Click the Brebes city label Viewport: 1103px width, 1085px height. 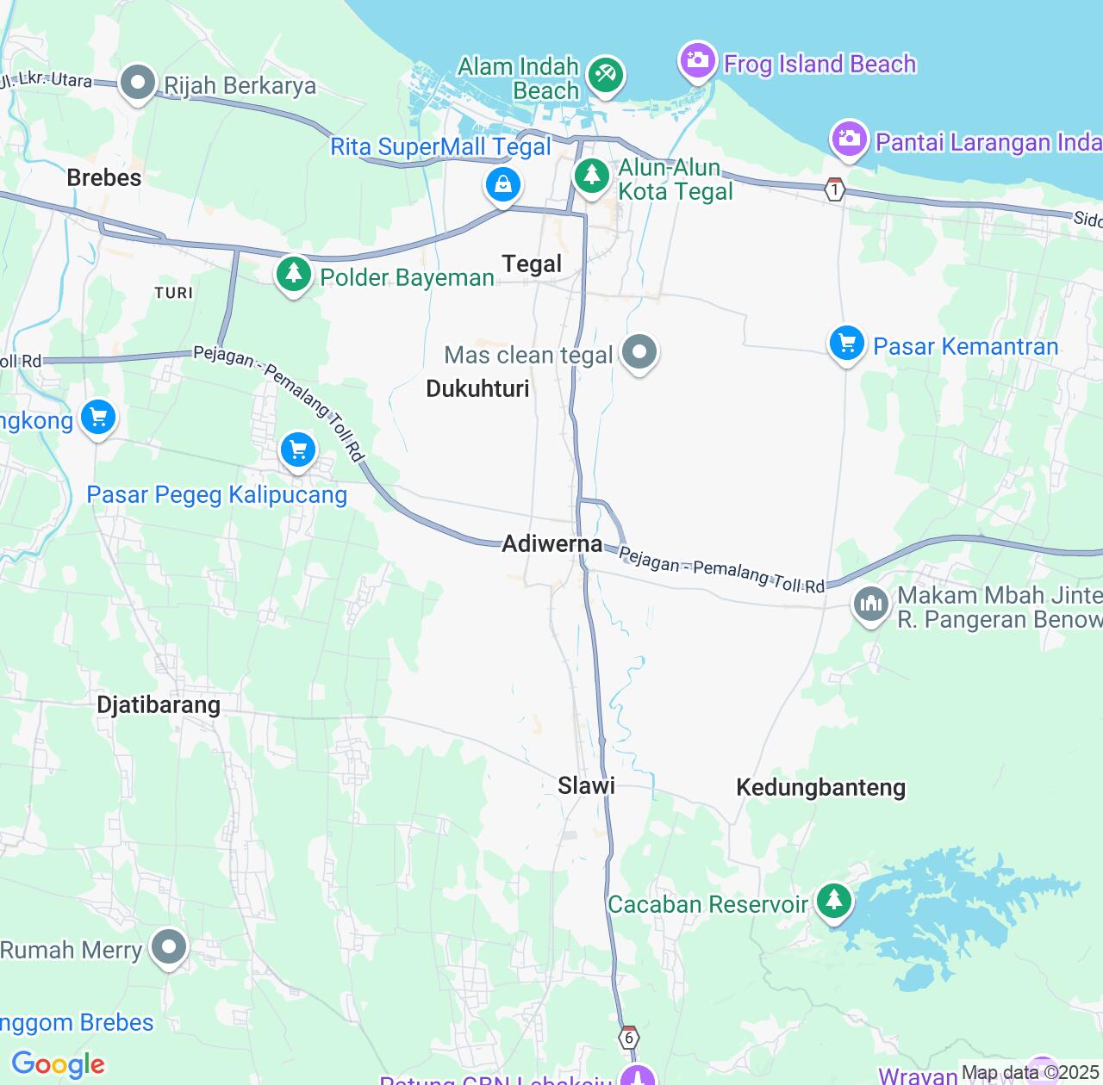tap(104, 177)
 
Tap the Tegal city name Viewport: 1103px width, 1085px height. tap(532, 263)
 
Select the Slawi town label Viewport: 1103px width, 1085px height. tap(586, 784)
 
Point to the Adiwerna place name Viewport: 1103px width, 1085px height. tap(552, 543)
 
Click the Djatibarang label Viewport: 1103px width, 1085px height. tap(159, 704)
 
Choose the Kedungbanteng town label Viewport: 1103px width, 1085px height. tap(820, 787)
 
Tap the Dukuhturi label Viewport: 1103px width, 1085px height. tap(477, 388)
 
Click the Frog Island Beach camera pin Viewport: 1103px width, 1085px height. tap(697, 60)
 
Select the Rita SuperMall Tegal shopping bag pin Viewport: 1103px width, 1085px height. tap(502, 183)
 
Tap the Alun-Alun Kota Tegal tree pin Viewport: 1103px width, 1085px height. tap(591, 176)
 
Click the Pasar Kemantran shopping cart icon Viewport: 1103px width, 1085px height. tap(847, 344)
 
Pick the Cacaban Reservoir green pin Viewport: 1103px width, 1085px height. tap(833, 901)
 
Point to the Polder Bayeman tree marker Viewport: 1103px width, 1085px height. tap(294, 274)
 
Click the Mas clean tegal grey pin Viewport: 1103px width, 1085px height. tap(639, 351)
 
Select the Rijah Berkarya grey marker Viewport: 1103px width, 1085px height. tap(137, 83)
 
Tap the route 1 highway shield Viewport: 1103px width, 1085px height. tap(834, 190)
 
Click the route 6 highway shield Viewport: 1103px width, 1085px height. tap(629, 1038)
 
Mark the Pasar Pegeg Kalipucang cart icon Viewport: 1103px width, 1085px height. tap(298, 449)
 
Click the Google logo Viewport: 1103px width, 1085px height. tap(59, 1064)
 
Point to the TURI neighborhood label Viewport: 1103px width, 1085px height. tap(174, 293)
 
